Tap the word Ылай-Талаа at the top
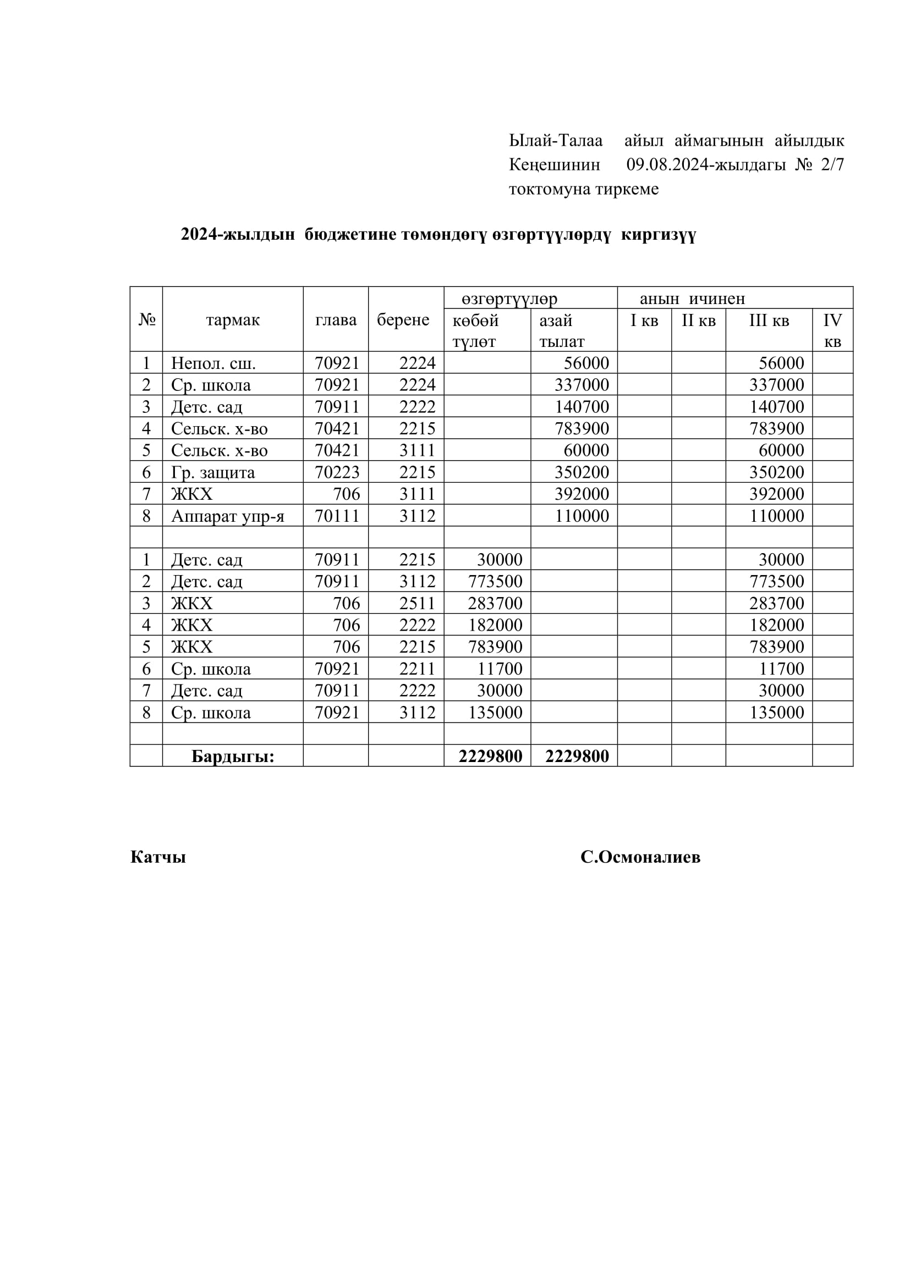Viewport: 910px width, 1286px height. pos(555,140)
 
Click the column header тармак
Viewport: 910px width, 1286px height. pos(233,320)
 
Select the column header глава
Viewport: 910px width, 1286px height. pos(336,320)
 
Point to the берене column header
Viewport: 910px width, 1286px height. pos(403,320)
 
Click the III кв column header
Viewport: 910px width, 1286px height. pos(769,321)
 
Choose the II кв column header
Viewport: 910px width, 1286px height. pos(698,321)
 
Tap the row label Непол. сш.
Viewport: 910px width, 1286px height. pos(213,363)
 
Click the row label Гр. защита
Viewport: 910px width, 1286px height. pos(213,472)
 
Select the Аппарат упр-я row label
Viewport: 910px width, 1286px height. pos(228,516)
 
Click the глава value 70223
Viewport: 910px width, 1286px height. pos(337,472)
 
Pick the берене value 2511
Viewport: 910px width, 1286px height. pos(417,603)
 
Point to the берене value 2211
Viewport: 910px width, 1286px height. pos(417,669)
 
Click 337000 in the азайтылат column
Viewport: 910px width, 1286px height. pos(582,385)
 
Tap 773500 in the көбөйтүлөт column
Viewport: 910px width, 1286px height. pos(495,581)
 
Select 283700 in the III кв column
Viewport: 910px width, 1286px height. pos(777,603)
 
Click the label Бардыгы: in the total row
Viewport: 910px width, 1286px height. pos(233,757)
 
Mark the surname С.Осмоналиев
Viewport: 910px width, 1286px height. pos(640,857)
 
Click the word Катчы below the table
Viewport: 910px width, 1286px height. pos(158,857)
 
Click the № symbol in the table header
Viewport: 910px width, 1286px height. pos(147,320)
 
